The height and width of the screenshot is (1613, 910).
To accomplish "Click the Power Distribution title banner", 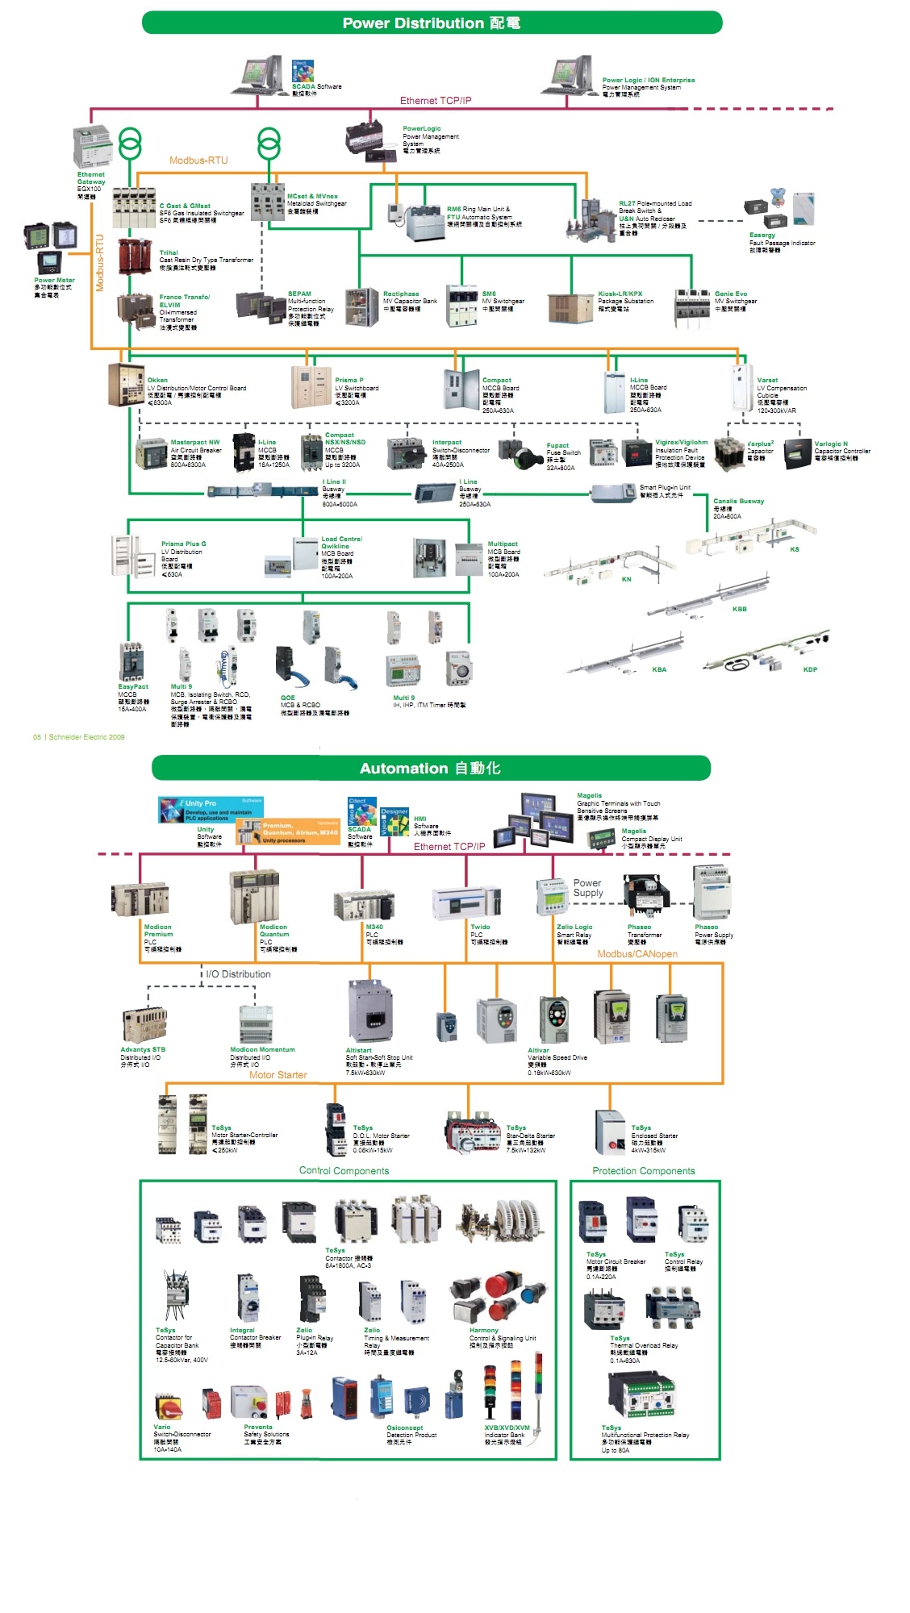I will (432, 23).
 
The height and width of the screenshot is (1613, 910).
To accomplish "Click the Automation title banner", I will (431, 768).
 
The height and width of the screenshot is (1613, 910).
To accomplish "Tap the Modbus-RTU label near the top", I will (198, 160).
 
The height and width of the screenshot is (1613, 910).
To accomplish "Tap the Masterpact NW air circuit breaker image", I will (151, 454).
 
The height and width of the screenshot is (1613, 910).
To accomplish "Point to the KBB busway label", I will (739, 609).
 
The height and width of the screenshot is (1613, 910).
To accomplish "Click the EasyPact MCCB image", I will (131, 662).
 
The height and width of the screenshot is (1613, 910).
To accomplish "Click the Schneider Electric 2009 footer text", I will (79, 737).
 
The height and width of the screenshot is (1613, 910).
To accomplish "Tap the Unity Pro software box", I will (211, 809).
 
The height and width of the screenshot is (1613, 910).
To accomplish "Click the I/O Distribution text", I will (238, 974).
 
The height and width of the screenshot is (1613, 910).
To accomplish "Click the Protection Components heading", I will (643, 1171).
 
